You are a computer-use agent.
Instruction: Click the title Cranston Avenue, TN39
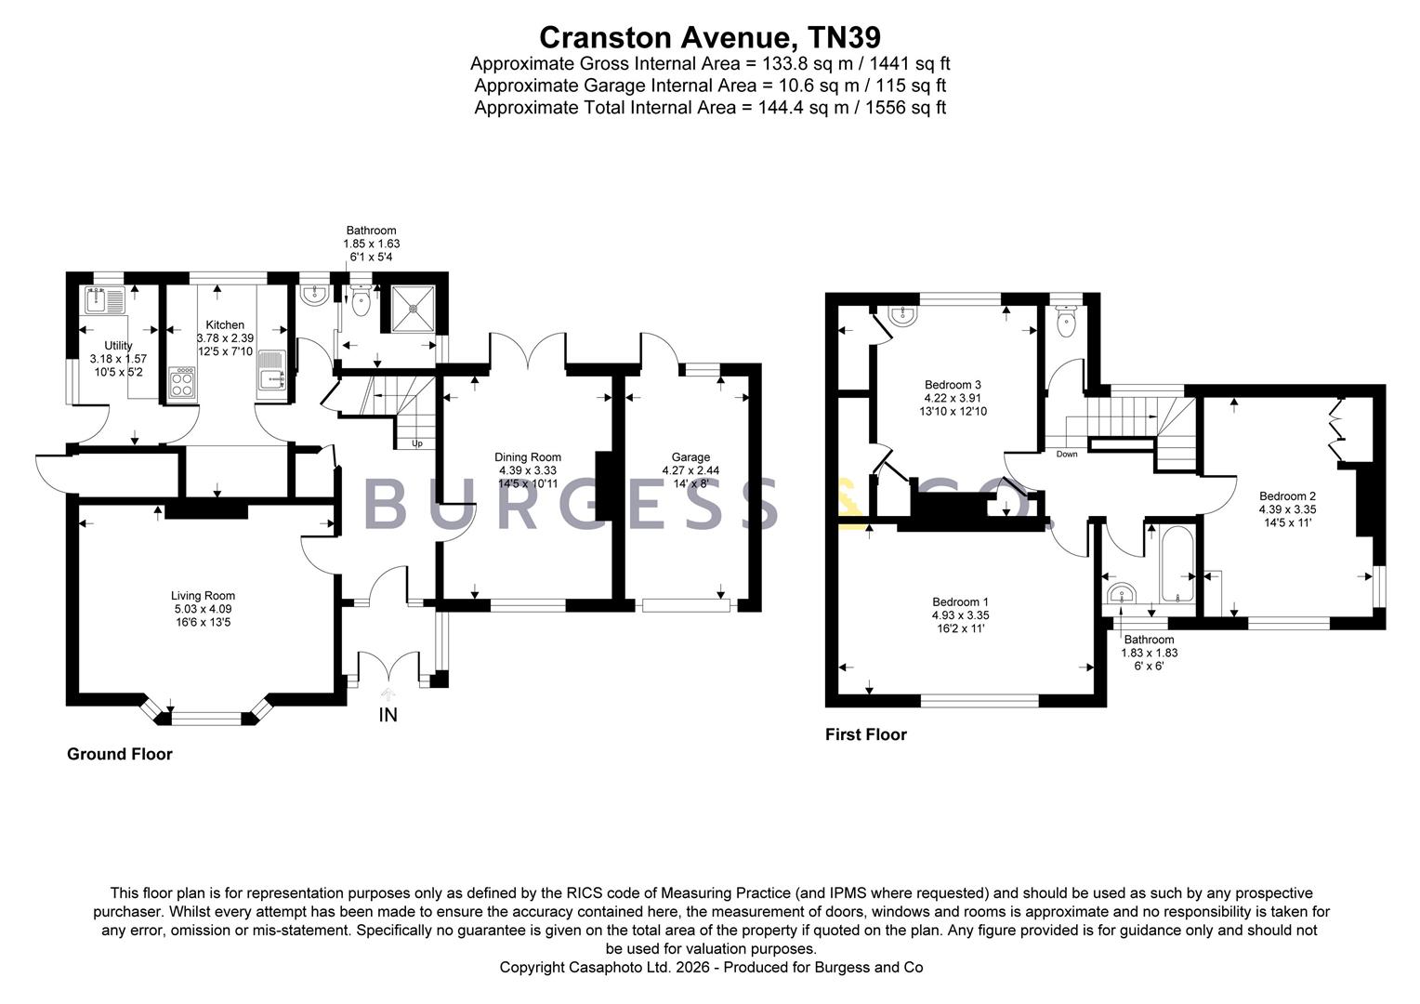(710, 37)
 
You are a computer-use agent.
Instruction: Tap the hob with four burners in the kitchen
(182, 382)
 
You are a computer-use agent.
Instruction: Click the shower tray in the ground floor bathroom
(414, 309)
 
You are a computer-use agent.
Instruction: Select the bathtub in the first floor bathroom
(1177, 563)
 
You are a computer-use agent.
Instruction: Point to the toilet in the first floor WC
(1067, 322)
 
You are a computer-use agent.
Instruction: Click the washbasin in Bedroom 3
(902, 315)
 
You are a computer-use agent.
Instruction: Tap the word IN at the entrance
(388, 715)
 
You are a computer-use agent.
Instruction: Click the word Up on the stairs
(417, 443)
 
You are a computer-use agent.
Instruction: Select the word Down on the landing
(1067, 454)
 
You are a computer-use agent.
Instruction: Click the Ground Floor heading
(120, 754)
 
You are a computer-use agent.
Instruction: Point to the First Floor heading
(866, 734)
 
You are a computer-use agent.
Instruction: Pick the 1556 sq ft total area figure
(905, 107)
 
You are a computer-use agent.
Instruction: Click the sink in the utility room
(105, 300)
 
